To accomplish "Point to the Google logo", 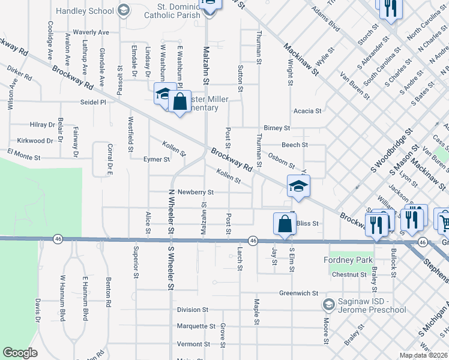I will [20, 353].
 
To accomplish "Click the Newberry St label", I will [195, 192].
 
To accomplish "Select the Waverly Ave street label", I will [91, 32].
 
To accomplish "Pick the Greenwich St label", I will [298, 293].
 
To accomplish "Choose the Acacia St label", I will [307, 111].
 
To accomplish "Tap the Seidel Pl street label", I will [93, 103].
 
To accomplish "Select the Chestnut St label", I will [349, 275].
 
